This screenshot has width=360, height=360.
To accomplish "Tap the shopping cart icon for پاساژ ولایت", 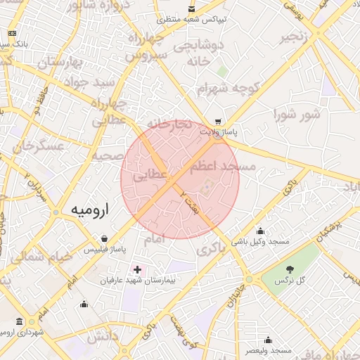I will tap(218, 121).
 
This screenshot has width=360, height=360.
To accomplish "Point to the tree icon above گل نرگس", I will tap(290, 269).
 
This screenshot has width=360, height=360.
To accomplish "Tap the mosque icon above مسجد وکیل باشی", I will tap(261, 231).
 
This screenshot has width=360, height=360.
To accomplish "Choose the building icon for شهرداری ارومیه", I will tap(19, 321).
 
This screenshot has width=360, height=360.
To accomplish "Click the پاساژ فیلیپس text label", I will tap(105, 250).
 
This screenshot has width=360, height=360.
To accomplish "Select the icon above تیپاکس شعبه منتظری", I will tap(192, 10).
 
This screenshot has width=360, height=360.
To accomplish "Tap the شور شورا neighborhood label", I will tap(297, 114).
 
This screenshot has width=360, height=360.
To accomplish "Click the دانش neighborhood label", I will tap(103, 337).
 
